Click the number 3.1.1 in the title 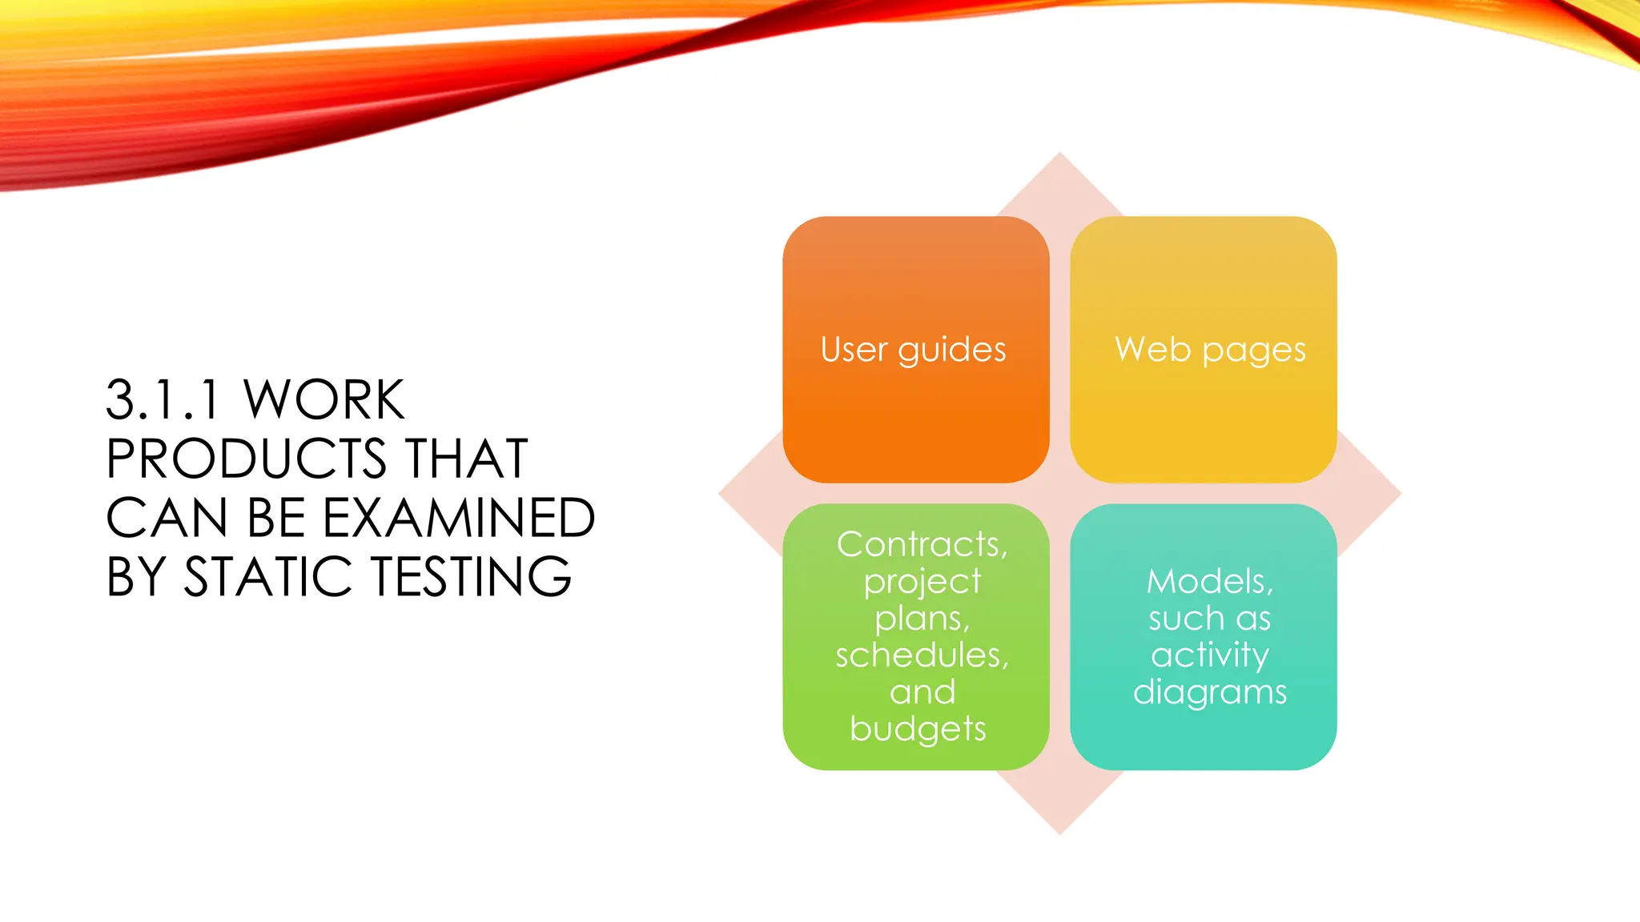[163, 399]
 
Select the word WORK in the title [324, 399]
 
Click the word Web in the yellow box [1152, 350]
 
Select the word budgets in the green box [918, 729]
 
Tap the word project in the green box [922, 582]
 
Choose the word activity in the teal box [1209, 655]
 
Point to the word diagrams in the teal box [1209, 692]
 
